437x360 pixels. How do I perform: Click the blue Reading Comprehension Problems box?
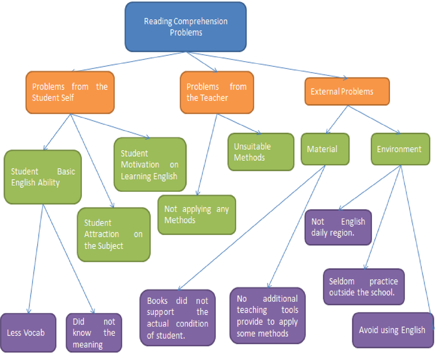point(185,27)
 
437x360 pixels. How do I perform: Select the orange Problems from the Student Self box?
point(69,92)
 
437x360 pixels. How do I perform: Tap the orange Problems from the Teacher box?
point(216,92)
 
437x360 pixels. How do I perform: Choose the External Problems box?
point(347,91)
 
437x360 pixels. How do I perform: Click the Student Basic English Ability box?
point(43,176)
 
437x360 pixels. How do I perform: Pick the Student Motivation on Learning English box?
point(149,164)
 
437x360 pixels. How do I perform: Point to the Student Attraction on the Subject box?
point(113,234)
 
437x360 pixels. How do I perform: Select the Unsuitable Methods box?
point(261,152)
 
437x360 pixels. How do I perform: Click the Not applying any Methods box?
point(197,215)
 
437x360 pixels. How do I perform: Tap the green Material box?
point(325,149)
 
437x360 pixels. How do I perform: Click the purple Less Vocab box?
point(28,332)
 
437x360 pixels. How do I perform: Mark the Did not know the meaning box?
point(93,332)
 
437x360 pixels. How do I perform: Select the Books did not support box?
point(178,317)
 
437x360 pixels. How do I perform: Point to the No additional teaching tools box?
point(267,315)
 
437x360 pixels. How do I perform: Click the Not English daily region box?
point(338,227)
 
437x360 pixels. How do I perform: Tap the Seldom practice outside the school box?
point(363,286)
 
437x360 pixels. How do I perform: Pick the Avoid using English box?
point(392,330)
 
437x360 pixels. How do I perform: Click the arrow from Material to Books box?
point(251,227)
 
